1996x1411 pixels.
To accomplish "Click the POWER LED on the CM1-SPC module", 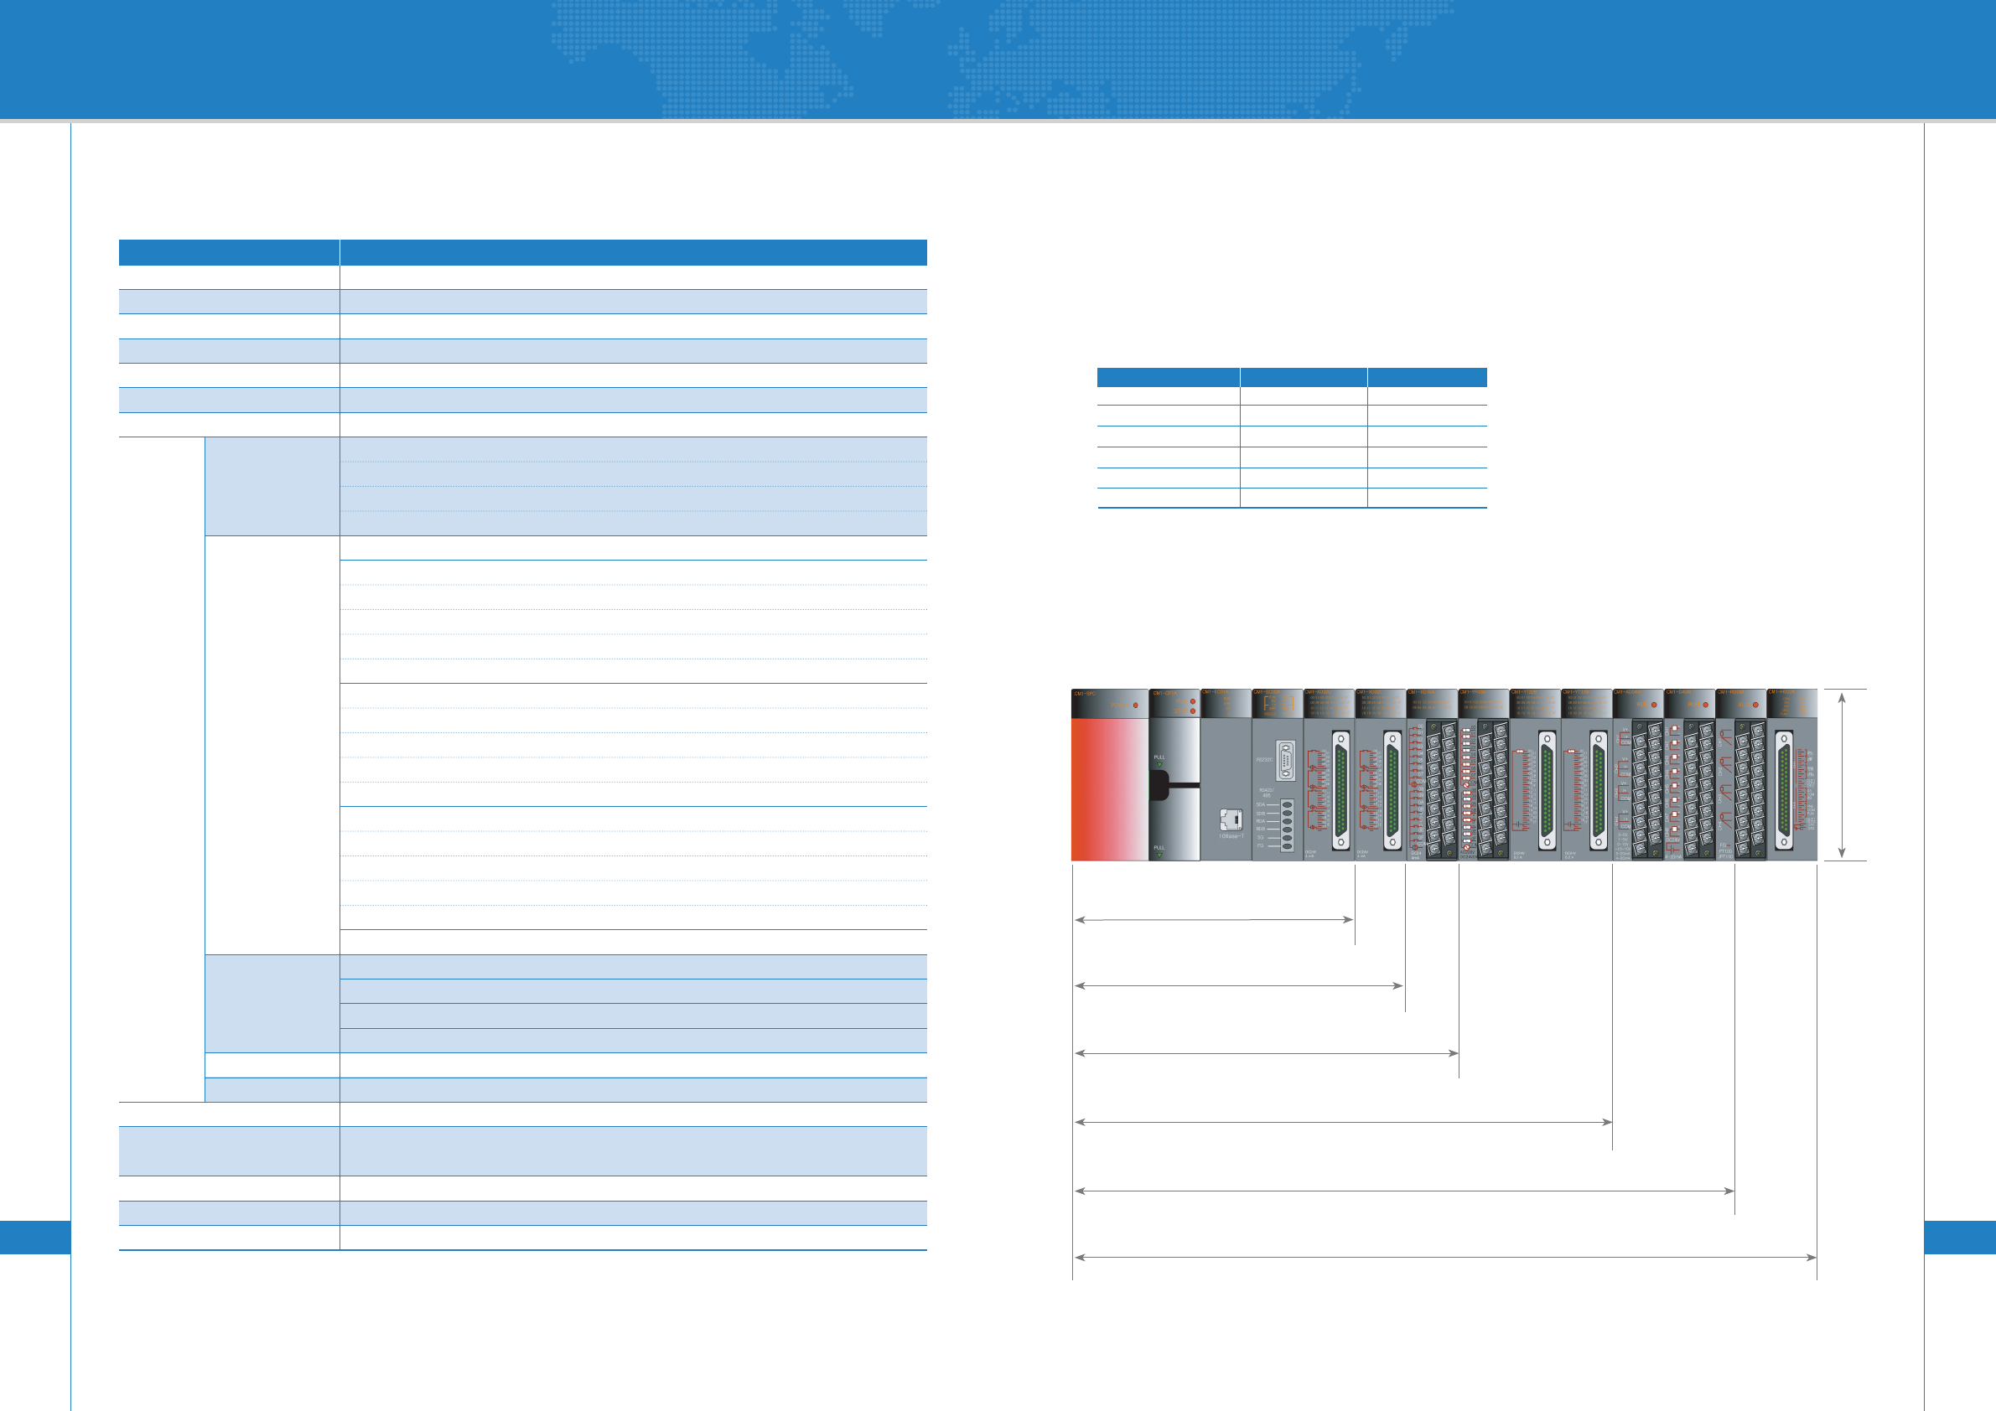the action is point(1135,705).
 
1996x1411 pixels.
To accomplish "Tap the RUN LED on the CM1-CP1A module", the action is point(1192,702).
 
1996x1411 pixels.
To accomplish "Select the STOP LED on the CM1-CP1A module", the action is point(1192,711).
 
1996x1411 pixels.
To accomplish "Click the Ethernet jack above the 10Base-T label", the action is point(1230,819).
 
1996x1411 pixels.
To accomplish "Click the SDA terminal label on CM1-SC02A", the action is point(1261,805).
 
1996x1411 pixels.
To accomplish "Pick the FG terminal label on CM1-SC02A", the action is point(1261,845).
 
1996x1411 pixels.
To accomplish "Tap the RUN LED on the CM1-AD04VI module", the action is point(1653,705).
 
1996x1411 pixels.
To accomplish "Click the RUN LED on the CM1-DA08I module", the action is point(1705,705).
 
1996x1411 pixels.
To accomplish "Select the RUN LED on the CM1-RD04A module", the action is point(1755,705).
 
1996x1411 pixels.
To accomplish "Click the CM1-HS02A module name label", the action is point(1781,693).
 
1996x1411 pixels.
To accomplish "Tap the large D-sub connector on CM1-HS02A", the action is point(1784,789).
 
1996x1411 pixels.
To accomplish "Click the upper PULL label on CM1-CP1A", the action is point(1159,757).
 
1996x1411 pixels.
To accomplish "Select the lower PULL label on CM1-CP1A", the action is point(1159,848).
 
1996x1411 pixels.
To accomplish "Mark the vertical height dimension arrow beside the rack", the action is point(1841,775).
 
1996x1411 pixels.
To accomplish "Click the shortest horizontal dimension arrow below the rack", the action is point(1214,919).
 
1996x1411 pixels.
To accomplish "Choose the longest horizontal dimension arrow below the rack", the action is point(1445,1257).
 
